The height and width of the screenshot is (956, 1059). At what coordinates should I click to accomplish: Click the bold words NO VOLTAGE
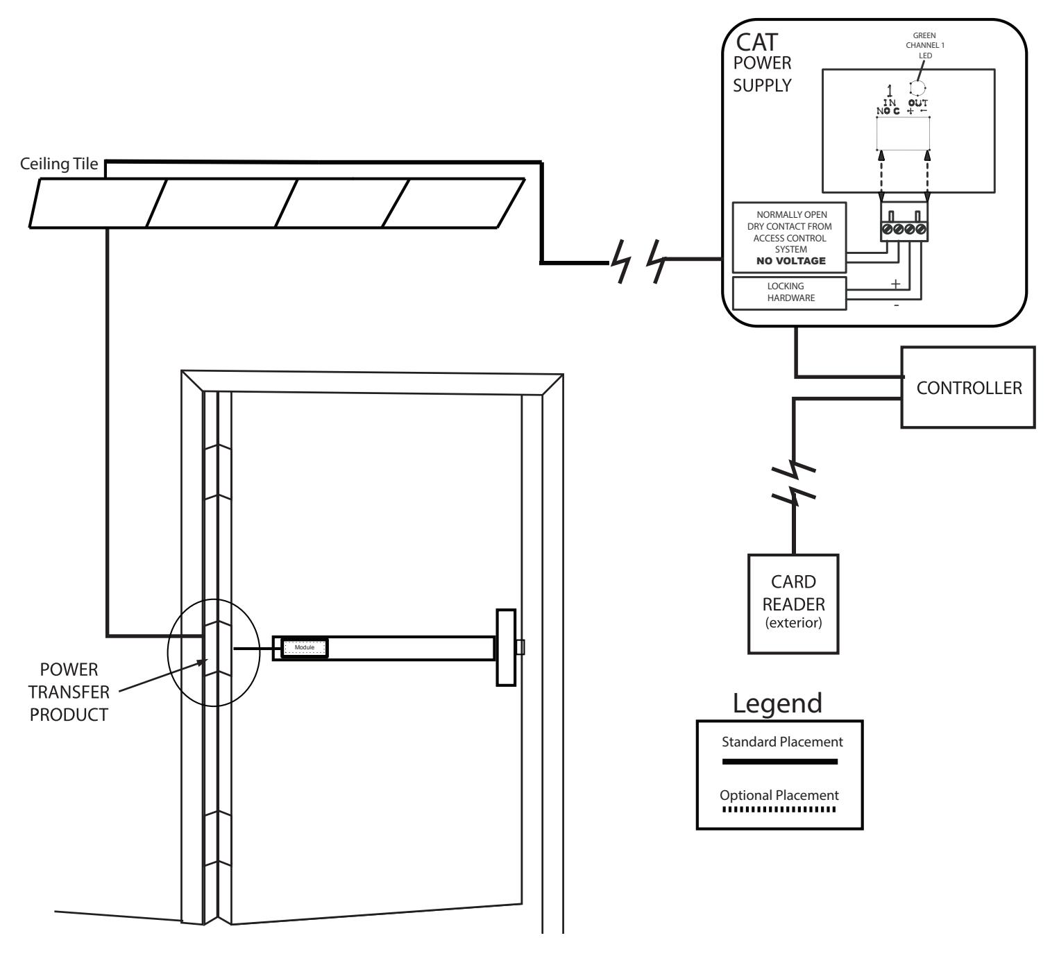(791, 261)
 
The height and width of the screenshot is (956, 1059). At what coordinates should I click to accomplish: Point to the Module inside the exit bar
(305, 648)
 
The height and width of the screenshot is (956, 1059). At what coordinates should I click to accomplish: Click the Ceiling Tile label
(59, 164)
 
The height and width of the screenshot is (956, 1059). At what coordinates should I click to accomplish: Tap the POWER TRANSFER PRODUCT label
(69, 692)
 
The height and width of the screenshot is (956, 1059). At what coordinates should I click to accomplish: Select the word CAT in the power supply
(756, 42)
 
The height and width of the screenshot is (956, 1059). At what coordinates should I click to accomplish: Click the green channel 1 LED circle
(917, 87)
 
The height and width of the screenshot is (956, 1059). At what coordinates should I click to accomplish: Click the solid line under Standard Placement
(779, 762)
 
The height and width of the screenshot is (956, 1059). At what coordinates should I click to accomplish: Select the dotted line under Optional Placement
(779, 809)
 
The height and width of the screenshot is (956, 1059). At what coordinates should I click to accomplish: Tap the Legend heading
(777, 703)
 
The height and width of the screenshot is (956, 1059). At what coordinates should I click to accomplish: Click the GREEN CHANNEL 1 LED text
(925, 45)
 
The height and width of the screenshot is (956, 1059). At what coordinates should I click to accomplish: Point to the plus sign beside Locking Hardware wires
(895, 284)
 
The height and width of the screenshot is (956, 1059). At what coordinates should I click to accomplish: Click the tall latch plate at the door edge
(506, 648)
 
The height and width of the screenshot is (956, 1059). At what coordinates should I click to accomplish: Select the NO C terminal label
(888, 111)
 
